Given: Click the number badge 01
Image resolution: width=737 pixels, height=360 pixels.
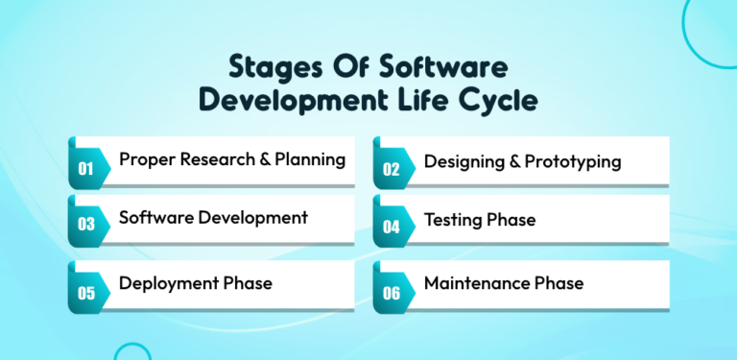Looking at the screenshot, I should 85,169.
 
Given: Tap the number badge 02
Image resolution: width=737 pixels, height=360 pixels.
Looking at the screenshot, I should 391,169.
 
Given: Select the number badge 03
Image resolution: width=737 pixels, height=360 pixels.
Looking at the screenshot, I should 85,225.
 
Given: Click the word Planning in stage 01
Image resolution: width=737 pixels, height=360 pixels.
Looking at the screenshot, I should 310,160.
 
